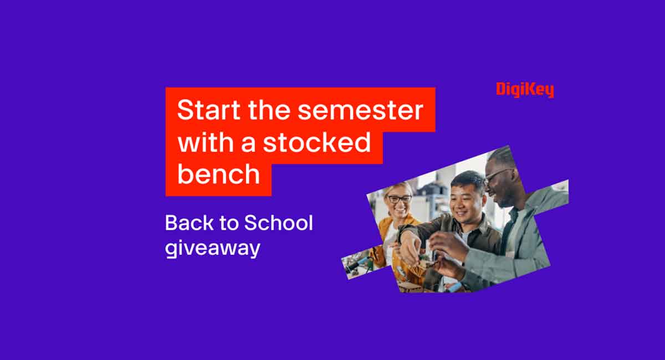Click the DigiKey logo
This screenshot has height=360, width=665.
(x=525, y=89)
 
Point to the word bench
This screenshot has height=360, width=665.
(x=218, y=174)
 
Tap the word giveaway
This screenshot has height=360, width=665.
(x=212, y=248)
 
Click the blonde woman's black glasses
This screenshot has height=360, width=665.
(x=400, y=198)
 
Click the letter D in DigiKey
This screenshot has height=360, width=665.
(x=501, y=89)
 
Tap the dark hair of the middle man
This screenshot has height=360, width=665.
(x=469, y=178)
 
